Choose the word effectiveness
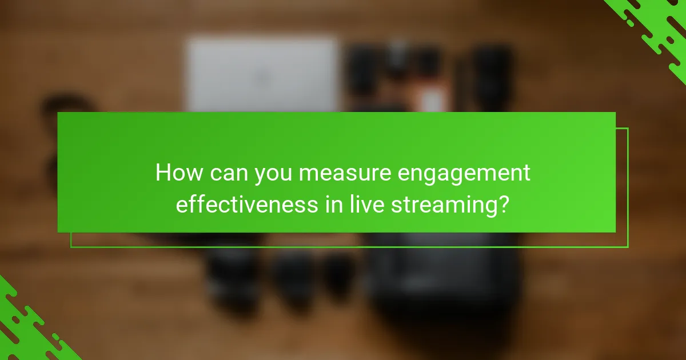click(246, 204)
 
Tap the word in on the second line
click(333, 204)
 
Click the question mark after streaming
click(501, 204)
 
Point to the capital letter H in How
click(163, 173)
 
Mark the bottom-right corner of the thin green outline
click(628, 247)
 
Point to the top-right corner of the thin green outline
click(628, 129)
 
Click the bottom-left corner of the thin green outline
click(71, 247)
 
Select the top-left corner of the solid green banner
click(58, 113)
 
